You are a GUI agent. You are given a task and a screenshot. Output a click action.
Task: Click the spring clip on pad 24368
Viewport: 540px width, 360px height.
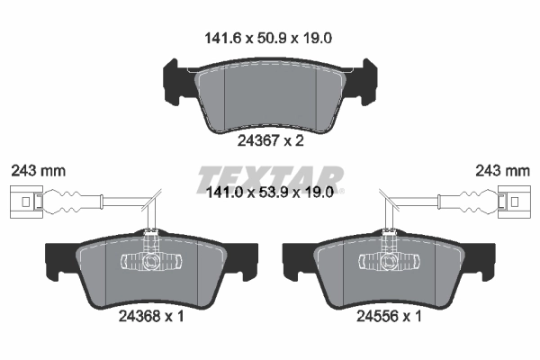click(x=151, y=261)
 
